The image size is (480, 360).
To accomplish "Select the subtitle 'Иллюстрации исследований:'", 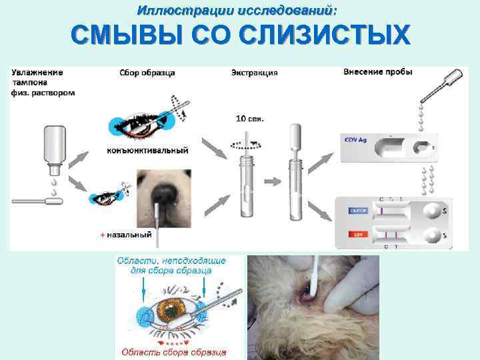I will coord(237,11).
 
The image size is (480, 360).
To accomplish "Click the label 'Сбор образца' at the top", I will coord(147,73).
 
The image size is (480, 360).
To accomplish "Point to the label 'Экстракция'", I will coord(254,73).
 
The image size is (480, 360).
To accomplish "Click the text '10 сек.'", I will coord(250,119).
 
